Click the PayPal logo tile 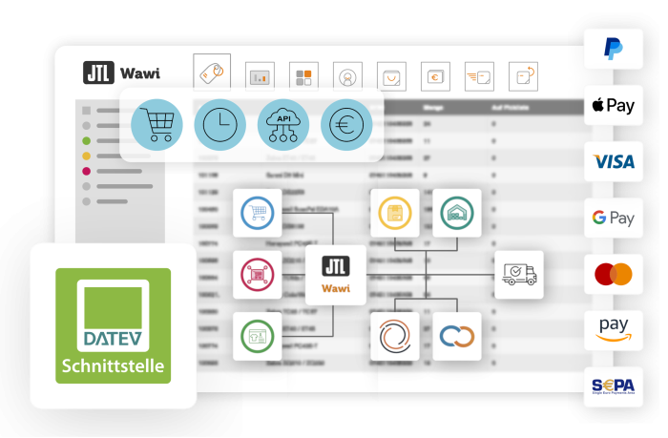[x=614, y=49]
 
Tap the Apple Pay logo [x=614, y=105]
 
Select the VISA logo [x=614, y=161]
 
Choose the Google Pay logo [x=614, y=218]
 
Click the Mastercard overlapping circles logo [x=614, y=275]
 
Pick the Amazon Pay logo [x=614, y=330]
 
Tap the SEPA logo [x=614, y=386]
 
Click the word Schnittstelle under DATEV [x=114, y=365]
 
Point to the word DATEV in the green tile [x=113, y=338]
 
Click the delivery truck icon [x=518, y=275]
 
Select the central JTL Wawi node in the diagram [x=335, y=275]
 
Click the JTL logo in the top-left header [x=99, y=73]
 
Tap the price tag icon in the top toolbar [x=212, y=73]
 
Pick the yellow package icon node [x=394, y=213]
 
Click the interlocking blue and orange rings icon [x=456, y=336]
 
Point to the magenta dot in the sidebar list [x=87, y=172]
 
